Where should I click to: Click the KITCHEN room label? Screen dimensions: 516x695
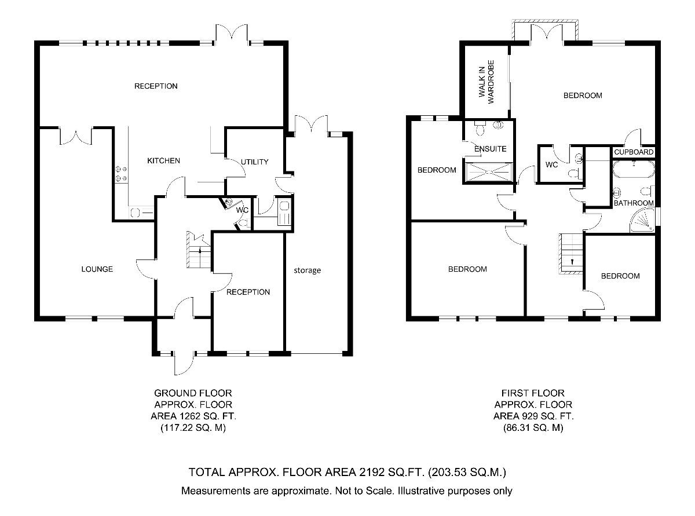coord(163,160)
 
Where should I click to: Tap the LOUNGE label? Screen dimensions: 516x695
coord(97,269)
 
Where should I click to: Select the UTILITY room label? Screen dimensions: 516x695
coord(255,162)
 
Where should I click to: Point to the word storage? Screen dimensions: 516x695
coord(306,270)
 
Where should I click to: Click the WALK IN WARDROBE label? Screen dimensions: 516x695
coord(485,82)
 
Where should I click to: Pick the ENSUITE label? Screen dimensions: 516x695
coord(490,149)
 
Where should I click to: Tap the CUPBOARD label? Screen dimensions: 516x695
coord(634,152)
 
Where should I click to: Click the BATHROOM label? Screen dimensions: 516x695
coord(634,203)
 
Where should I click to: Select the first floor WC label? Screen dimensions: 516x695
coord(551,164)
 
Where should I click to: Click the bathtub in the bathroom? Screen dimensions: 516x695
coord(633,171)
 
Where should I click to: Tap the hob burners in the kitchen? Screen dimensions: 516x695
coord(122,173)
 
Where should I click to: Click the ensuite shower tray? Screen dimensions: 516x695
coord(488,173)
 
